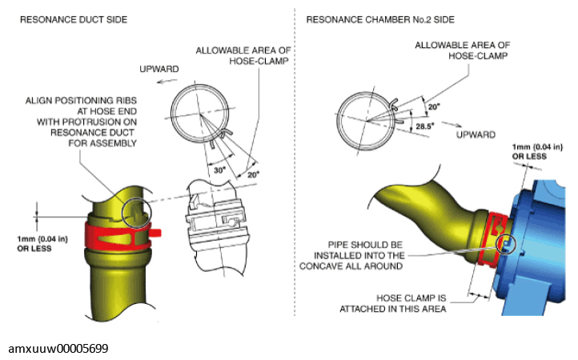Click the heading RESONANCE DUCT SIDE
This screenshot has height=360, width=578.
click(74, 19)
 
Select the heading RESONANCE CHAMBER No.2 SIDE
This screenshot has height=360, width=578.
click(380, 19)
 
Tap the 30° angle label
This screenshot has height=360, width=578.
click(219, 170)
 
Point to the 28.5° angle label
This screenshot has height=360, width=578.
click(425, 126)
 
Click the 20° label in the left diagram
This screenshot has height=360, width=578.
click(253, 174)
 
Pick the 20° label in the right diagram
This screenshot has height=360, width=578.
click(434, 107)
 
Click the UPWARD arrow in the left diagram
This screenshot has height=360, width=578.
click(165, 81)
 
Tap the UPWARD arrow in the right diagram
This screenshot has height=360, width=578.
click(452, 124)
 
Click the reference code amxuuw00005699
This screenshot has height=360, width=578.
click(58, 348)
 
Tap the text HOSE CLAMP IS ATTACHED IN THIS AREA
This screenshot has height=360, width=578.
click(393, 303)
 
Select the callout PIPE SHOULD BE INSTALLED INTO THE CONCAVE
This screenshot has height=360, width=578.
click(351, 255)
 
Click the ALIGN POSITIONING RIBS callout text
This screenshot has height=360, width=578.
click(81, 122)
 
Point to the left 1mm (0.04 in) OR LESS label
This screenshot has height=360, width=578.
click(42, 243)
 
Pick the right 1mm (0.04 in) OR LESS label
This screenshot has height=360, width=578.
click(537, 151)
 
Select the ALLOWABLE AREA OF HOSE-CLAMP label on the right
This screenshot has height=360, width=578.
click(463, 50)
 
